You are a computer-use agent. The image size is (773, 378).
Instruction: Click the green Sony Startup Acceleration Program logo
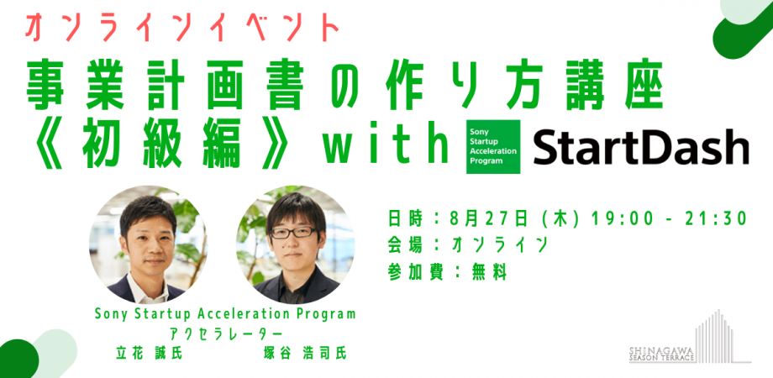(493, 147)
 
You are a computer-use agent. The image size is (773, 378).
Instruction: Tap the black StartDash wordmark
(640, 148)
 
